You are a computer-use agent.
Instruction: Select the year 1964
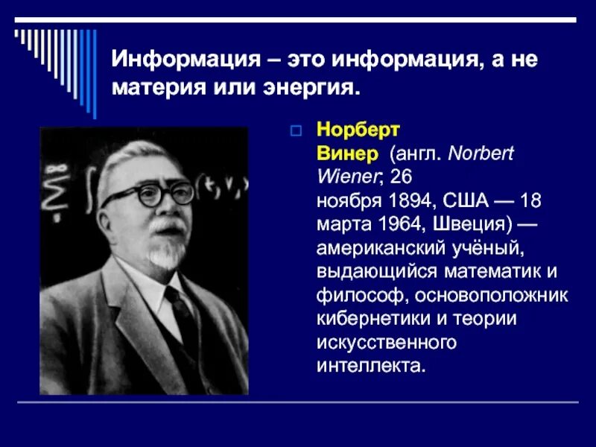point(395,224)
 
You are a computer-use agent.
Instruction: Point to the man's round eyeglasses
point(148,196)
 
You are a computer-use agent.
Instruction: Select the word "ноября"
point(342,201)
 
